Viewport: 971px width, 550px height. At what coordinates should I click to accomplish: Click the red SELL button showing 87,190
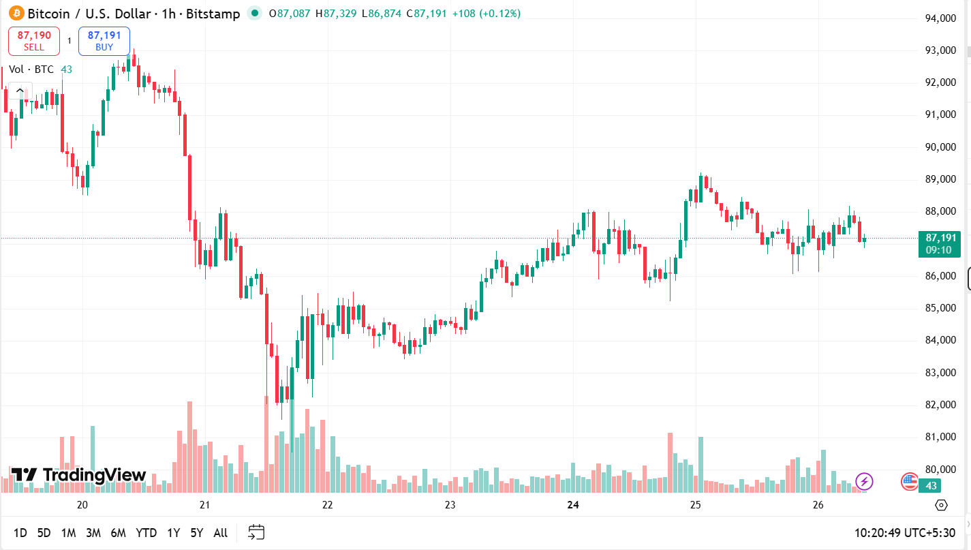tap(34, 41)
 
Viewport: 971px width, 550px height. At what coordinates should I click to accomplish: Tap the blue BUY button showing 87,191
tap(104, 41)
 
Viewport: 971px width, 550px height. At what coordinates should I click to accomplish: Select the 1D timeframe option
tap(20, 533)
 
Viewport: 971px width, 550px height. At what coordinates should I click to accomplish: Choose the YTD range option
tap(146, 533)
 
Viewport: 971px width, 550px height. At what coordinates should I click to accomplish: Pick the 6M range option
tap(118, 533)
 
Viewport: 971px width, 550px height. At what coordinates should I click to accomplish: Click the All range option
tap(220, 533)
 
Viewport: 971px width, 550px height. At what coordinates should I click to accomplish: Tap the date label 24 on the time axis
tap(573, 505)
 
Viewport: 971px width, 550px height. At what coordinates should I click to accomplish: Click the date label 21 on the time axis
tap(204, 505)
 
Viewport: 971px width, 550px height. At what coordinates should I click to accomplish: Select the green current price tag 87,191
tap(940, 243)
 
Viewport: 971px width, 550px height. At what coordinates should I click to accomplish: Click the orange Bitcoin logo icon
tap(16, 13)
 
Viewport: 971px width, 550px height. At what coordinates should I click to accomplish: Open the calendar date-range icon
tap(256, 532)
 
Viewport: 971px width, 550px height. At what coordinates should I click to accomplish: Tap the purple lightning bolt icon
tap(864, 482)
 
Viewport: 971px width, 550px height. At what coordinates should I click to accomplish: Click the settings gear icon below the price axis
tap(941, 505)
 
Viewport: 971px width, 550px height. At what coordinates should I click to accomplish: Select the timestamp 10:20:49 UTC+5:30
tap(905, 533)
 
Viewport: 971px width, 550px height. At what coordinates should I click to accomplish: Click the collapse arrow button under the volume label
tap(20, 91)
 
